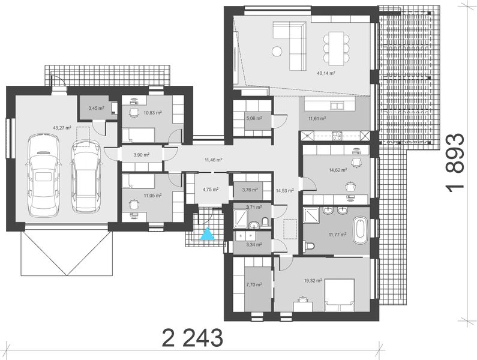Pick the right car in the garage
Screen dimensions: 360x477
pos(86,176)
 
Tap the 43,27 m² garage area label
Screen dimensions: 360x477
pos(62,127)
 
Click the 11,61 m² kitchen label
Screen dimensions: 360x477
pos(317,119)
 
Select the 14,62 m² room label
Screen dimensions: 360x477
pos(337,170)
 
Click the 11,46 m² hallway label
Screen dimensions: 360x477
pos(213,160)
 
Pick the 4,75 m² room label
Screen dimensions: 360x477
pos(210,190)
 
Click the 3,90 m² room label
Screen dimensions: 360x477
pos(140,155)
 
